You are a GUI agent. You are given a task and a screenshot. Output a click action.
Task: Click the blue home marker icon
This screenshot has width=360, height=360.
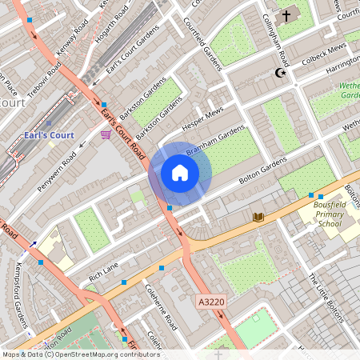click(180, 173)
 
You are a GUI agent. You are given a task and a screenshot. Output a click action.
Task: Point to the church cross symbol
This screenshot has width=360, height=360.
click(286, 15)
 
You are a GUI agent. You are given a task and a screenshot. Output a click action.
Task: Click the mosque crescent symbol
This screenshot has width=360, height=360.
click(280, 73)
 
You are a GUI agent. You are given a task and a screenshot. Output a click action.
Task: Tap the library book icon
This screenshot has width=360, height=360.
click(258, 217)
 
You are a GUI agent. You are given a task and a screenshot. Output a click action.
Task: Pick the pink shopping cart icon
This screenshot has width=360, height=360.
click(106, 134)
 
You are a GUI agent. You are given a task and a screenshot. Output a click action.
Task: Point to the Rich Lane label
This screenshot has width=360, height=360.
click(103, 271)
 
